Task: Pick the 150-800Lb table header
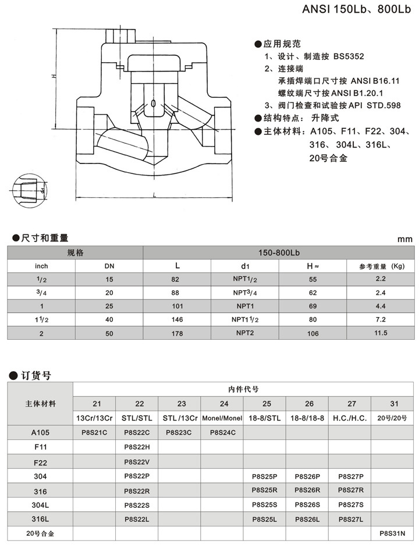[x=279, y=253]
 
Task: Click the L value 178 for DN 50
[x=177, y=333]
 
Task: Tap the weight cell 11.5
[x=381, y=333]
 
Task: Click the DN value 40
[x=109, y=319]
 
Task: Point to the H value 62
[x=313, y=292]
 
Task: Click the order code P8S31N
[x=392, y=532]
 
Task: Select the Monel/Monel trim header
[x=222, y=418]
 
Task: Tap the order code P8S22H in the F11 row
[x=137, y=447]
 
